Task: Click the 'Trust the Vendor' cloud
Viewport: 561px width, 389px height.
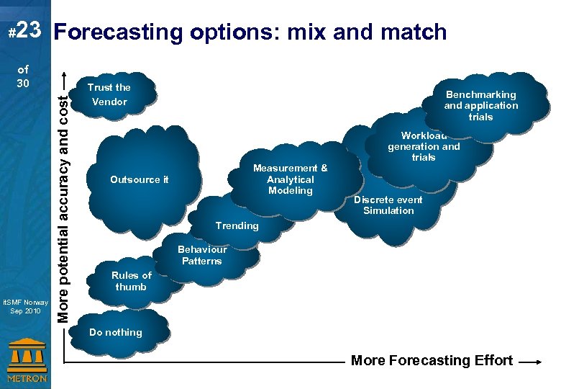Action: (109, 94)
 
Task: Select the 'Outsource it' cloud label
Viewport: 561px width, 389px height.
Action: (140, 179)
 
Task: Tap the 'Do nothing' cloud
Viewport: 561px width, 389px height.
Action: (116, 332)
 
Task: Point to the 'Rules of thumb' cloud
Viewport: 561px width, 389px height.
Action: (131, 281)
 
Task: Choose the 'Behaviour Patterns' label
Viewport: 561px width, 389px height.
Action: (202, 255)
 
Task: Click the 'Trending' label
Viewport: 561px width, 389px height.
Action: (237, 225)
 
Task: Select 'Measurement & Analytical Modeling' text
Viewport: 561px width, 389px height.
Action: (290, 179)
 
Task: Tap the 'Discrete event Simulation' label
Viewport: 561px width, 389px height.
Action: (388, 205)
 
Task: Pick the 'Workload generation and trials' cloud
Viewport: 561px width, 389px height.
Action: (424, 146)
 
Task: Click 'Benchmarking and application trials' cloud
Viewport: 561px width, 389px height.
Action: (480, 105)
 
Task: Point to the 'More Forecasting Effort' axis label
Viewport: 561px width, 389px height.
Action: (432, 361)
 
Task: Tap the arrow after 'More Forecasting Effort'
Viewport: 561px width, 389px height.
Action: (534, 362)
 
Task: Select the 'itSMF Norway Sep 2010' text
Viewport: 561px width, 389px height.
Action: (25, 306)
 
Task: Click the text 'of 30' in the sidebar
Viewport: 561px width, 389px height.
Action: (23, 77)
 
